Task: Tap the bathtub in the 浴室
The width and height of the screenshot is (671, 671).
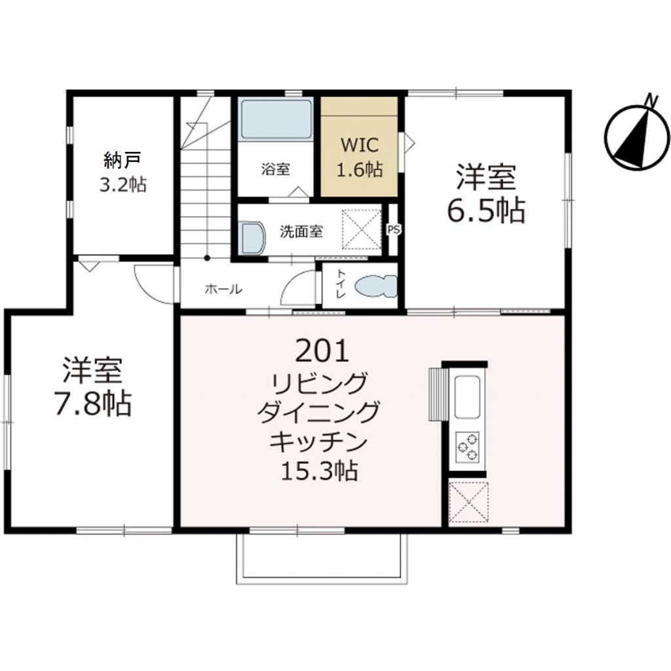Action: click(275, 120)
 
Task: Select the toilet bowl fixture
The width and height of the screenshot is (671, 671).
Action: click(375, 286)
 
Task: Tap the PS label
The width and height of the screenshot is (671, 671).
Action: click(393, 230)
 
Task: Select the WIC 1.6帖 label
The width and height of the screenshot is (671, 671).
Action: click(359, 157)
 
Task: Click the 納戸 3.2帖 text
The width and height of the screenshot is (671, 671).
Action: click(123, 172)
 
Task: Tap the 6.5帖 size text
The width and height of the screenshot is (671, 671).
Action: click(486, 210)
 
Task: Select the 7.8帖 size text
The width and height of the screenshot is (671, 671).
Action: click(92, 404)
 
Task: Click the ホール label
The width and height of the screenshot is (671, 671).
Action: click(223, 288)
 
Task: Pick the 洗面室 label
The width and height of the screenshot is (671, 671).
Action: click(301, 231)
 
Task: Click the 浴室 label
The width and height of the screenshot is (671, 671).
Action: click(275, 168)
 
